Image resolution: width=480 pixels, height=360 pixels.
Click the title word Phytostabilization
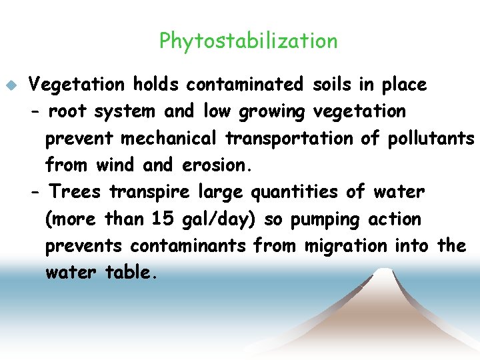pos(248,41)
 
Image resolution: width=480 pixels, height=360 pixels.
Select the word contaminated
pos(245,85)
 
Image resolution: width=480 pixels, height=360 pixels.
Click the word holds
pos(155,85)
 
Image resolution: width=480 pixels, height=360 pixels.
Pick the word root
pos(68,111)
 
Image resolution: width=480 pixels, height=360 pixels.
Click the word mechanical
pos(169,139)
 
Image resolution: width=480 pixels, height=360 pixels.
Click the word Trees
pos(75,192)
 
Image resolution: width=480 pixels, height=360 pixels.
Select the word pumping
pos(327,219)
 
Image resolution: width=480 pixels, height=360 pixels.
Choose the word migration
pos(345,246)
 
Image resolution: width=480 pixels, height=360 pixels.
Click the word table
pos(131,273)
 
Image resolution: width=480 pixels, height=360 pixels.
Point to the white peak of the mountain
pos(382,275)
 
